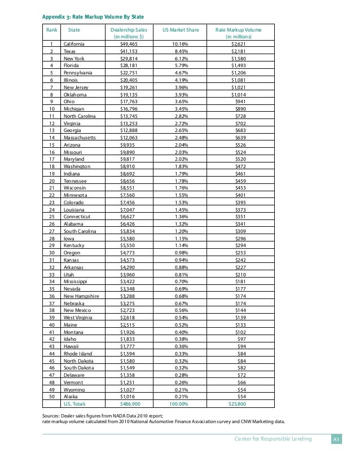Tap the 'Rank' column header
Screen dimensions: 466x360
(51, 29)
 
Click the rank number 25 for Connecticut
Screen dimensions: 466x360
(51, 216)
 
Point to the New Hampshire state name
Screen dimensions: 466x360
(82, 296)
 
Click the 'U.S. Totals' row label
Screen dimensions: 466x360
(76, 405)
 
